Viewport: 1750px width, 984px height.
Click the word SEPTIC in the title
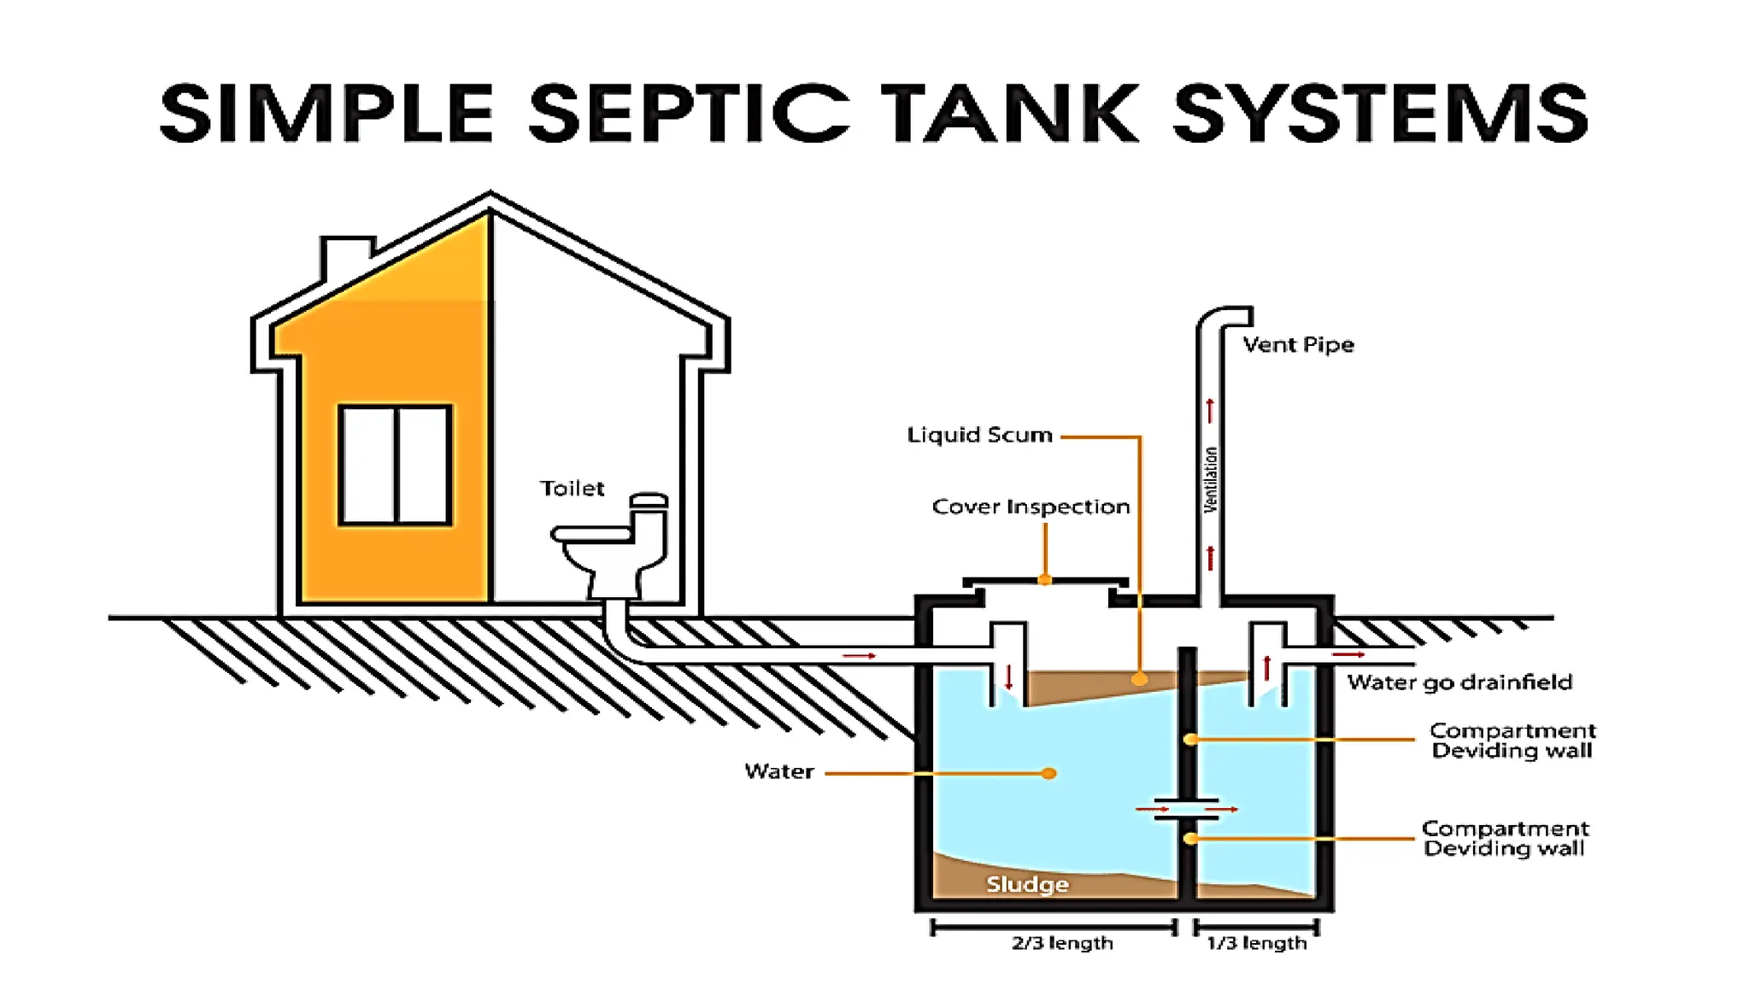688,113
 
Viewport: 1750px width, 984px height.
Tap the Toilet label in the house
572,489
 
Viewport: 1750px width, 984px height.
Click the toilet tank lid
649,499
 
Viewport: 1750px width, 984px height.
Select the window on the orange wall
395,465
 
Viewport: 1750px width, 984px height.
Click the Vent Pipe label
1298,345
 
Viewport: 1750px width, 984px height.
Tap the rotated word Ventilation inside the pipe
1210,480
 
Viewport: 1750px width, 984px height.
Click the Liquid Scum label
979,435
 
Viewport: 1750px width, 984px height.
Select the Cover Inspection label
1031,507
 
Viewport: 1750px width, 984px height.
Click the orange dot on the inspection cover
1044,580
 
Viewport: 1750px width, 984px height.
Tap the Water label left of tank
778,771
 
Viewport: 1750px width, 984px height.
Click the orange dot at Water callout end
1049,773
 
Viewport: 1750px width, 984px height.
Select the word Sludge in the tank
1027,884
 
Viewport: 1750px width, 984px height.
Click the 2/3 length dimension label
1062,943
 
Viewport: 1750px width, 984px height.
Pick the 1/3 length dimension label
1256,943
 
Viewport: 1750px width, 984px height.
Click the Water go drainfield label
1459,682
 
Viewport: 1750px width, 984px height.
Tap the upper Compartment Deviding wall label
1512,741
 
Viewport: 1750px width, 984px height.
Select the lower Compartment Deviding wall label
1505,838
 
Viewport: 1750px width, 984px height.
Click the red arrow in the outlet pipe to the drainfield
1348,654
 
